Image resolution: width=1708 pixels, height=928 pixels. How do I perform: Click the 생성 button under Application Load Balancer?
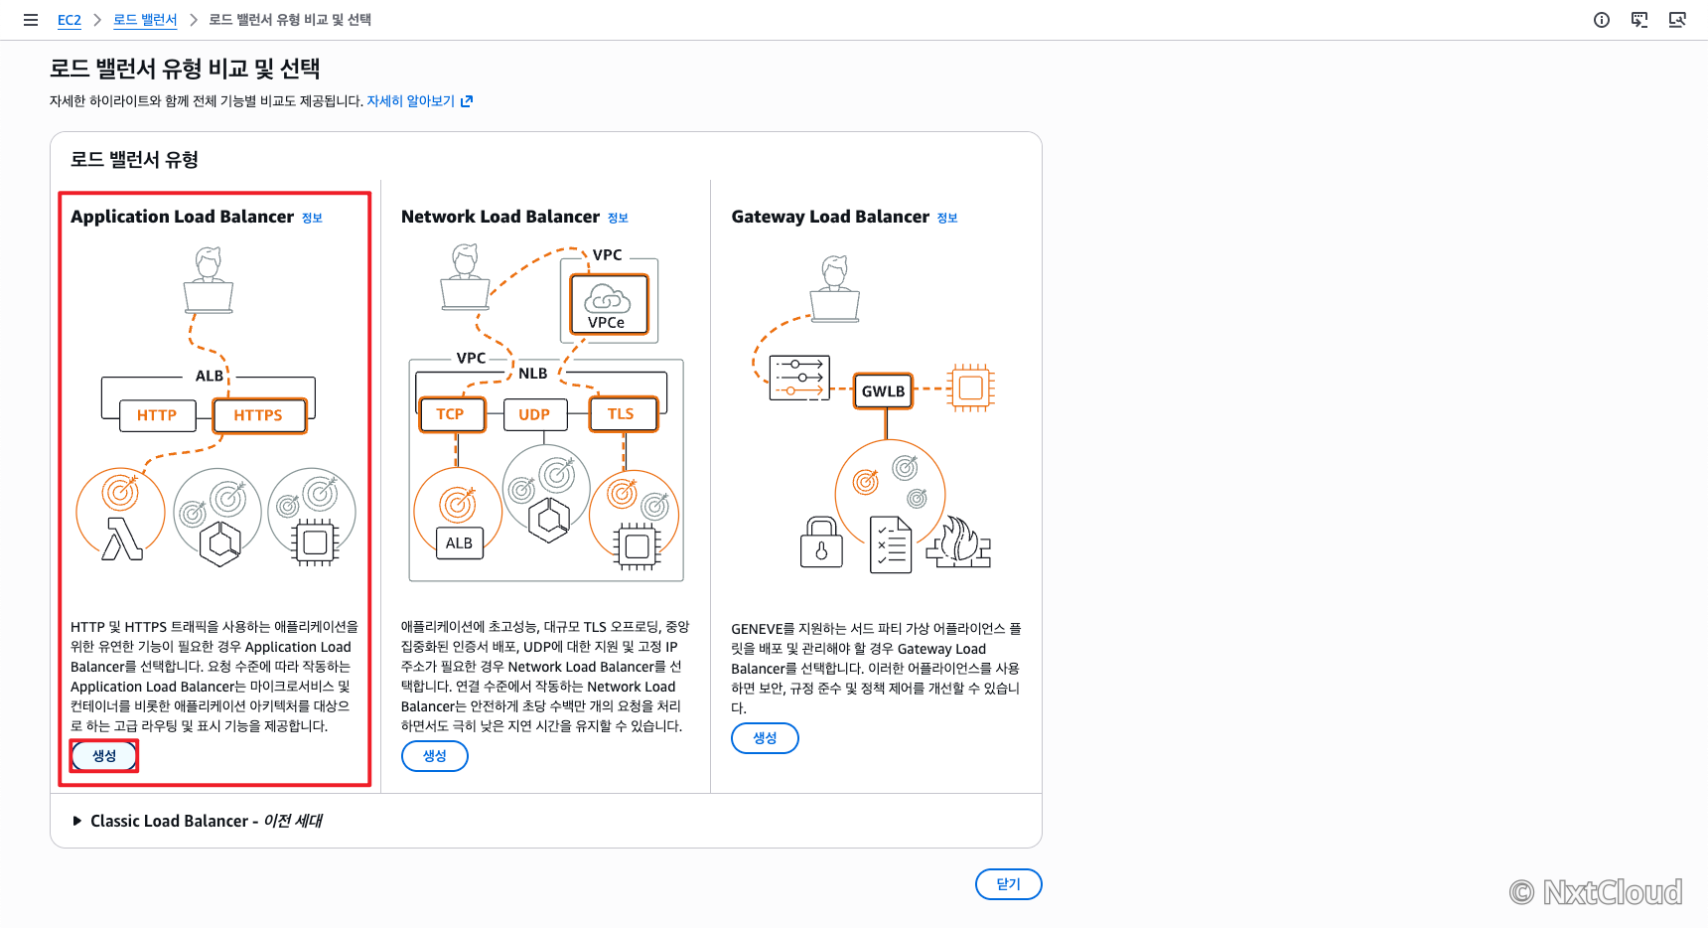(x=104, y=756)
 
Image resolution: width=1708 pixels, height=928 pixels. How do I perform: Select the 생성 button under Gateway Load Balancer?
(x=765, y=738)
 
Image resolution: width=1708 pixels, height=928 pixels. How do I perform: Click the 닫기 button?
(x=1008, y=884)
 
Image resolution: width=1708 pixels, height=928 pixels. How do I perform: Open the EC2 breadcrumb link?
(x=70, y=20)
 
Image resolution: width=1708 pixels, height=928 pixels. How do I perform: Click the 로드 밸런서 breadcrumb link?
(x=145, y=20)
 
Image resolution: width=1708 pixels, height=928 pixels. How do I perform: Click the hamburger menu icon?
(x=31, y=20)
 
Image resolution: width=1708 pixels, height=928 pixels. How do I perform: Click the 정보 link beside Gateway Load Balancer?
(x=947, y=218)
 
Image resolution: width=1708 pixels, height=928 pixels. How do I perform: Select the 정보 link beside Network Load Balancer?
(x=618, y=218)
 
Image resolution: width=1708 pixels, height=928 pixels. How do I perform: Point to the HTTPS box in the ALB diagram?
(x=259, y=415)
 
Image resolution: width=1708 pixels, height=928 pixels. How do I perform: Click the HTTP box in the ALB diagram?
(x=157, y=415)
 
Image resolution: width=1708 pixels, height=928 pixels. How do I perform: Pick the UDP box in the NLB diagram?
(x=534, y=414)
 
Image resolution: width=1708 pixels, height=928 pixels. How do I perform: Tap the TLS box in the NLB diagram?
(x=622, y=414)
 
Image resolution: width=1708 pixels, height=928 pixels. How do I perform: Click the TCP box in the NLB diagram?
(x=451, y=414)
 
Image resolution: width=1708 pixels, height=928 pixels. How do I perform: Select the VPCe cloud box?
(x=609, y=304)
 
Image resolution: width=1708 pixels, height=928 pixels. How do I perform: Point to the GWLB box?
(x=884, y=390)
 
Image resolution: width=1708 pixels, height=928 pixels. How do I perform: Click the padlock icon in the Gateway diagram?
(x=821, y=541)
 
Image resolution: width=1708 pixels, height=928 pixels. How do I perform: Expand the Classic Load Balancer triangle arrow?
(x=77, y=821)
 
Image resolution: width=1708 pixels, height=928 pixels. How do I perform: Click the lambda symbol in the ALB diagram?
(x=122, y=540)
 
